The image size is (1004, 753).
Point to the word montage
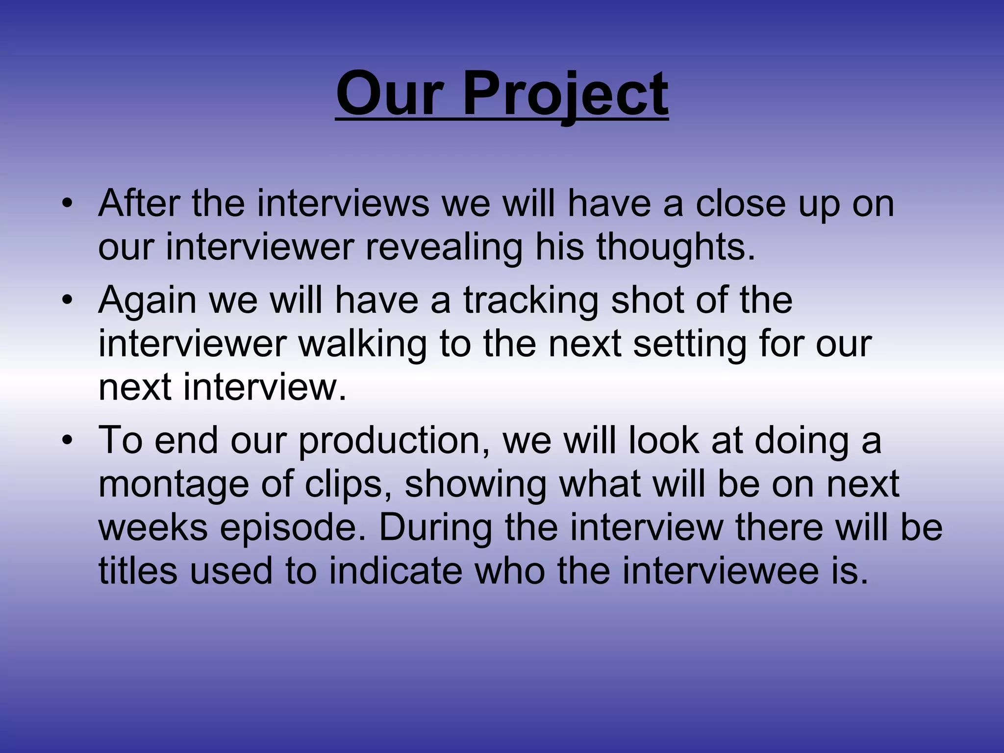[x=173, y=484]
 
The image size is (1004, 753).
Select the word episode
[x=293, y=528]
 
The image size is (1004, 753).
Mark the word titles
[x=138, y=571]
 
